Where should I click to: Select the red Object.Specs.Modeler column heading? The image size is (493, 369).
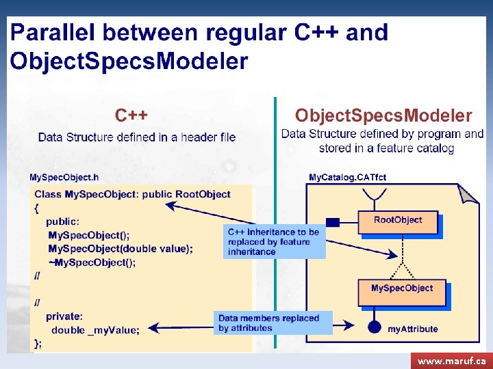click(383, 115)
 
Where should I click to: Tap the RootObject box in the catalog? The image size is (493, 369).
click(398, 220)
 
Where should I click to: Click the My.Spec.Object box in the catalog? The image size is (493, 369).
click(402, 289)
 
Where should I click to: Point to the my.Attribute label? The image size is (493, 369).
click(413, 329)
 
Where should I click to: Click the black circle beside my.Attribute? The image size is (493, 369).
click(374, 327)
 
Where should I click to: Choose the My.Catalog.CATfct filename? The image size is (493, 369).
click(347, 177)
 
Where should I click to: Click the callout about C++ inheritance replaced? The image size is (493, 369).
click(274, 242)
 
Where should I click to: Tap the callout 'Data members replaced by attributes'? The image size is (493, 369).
click(269, 323)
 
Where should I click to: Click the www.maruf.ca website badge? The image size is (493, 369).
click(451, 360)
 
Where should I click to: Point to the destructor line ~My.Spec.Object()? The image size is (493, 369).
click(92, 262)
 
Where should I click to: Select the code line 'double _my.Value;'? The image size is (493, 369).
click(96, 329)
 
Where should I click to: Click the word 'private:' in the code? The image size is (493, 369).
click(64, 316)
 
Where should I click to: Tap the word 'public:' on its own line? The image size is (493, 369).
click(63, 221)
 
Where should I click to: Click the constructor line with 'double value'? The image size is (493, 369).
click(121, 249)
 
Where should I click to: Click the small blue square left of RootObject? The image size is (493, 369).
click(333, 221)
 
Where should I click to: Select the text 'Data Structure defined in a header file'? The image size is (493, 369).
click(137, 137)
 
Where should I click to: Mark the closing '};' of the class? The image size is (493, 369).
click(38, 342)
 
